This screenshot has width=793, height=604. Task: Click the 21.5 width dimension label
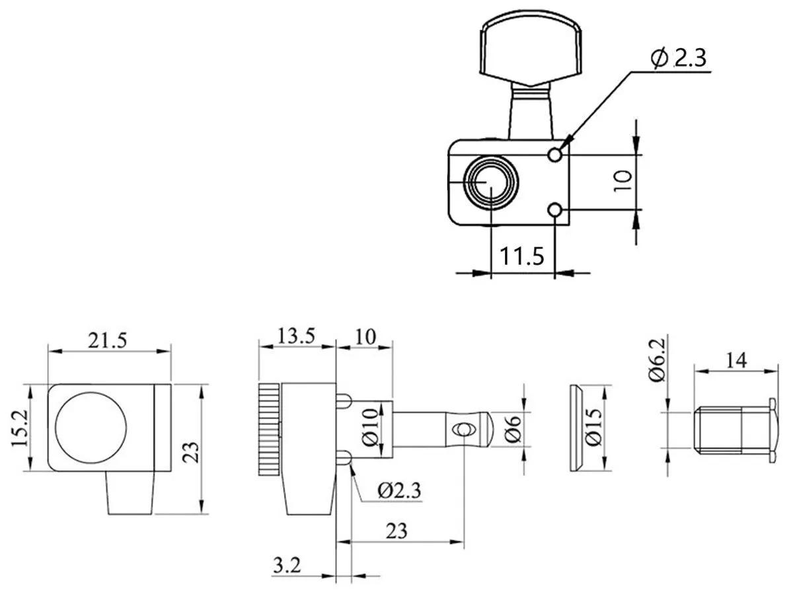[x=108, y=341]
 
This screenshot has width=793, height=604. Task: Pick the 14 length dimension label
[x=734, y=361]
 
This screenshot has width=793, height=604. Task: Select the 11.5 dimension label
[x=521, y=256]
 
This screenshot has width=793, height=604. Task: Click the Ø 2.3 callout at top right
[x=678, y=58]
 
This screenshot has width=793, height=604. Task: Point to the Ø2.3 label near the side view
[x=399, y=490]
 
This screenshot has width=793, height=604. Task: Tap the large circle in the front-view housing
[x=91, y=428]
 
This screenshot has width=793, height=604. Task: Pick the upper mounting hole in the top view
[x=556, y=155]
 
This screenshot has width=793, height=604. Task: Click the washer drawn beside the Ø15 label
[x=576, y=428]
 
